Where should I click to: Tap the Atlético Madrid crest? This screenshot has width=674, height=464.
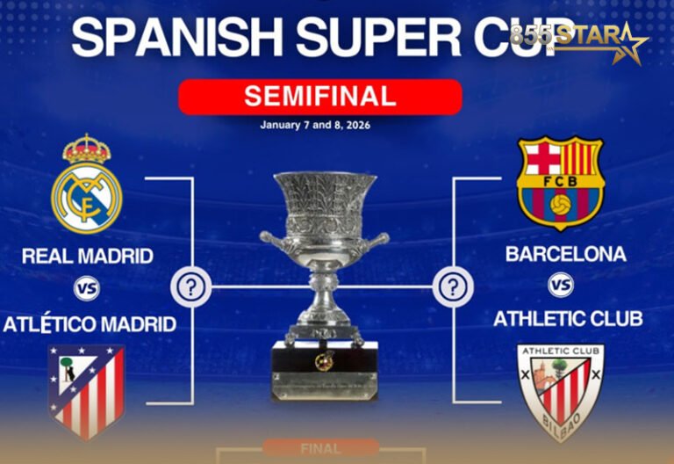(86, 391)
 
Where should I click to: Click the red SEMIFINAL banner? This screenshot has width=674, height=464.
(320, 96)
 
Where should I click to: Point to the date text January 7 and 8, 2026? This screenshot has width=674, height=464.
(315, 125)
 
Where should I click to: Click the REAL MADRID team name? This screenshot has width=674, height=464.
(87, 257)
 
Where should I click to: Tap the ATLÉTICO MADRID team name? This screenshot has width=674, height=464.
(90, 324)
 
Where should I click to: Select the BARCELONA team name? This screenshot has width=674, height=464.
(566, 254)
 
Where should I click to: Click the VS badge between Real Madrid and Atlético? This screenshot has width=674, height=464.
(86, 288)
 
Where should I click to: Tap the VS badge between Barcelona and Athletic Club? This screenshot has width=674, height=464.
(561, 286)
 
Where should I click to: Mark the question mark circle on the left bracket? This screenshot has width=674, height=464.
(192, 286)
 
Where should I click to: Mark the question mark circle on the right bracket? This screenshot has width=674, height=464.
(453, 286)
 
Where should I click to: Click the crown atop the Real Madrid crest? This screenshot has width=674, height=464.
(86, 149)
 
